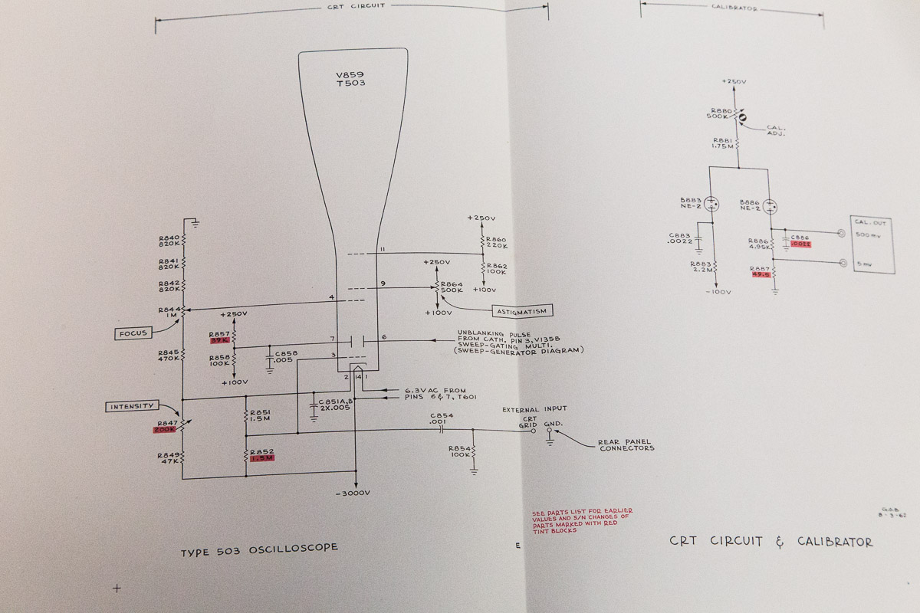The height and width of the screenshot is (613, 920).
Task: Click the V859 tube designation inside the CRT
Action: tap(350, 75)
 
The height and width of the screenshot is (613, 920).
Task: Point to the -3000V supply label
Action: tap(353, 492)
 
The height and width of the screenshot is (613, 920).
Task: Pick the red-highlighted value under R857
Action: tap(219, 340)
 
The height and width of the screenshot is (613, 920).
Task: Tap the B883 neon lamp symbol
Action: tap(712, 205)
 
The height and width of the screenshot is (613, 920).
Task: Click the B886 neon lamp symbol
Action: tap(770, 205)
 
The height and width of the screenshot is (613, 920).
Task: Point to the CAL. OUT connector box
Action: tap(871, 244)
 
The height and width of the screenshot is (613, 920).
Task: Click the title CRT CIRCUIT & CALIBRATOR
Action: tap(770, 542)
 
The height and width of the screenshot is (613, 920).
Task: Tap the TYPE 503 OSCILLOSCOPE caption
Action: tap(259, 549)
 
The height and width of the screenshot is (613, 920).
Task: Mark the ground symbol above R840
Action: tap(196, 224)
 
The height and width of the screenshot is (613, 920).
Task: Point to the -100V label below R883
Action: tap(718, 292)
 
